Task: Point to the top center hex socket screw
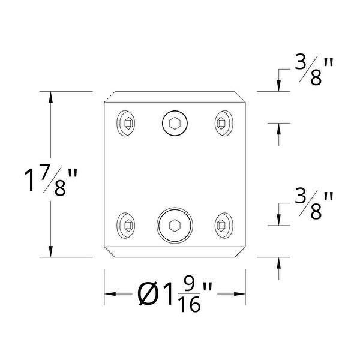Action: click(175, 124)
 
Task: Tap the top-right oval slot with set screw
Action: click(221, 124)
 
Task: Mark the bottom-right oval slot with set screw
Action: click(221, 226)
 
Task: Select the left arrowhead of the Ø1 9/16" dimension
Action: click(110, 295)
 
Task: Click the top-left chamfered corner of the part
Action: click(109, 97)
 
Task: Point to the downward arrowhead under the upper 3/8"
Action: click(279, 87)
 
